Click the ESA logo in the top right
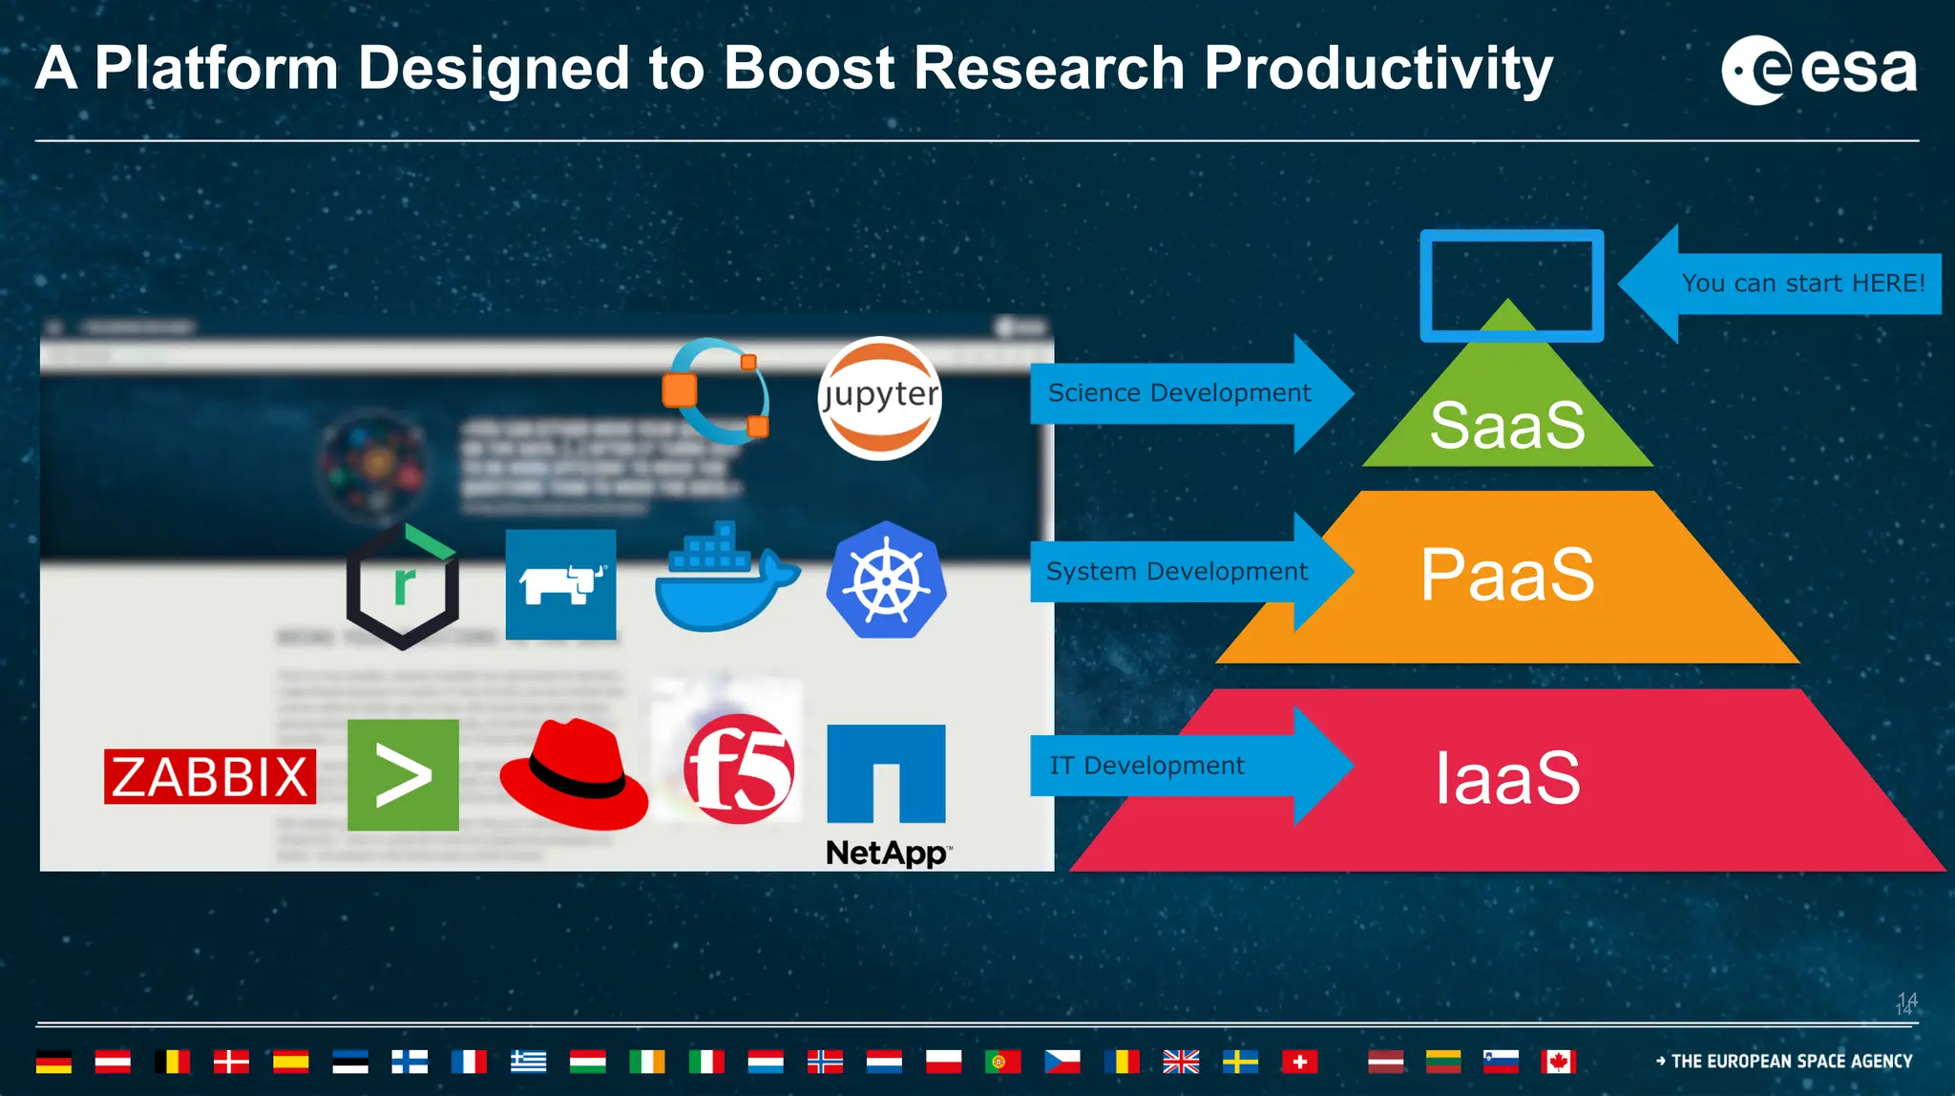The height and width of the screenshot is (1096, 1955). click(1818, 70)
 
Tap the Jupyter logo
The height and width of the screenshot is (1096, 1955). click(879, 398)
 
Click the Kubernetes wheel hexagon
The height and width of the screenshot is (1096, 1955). click(886, 580)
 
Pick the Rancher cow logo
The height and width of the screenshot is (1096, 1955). click(560, 584)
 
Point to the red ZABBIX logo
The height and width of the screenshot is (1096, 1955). click(210, 776)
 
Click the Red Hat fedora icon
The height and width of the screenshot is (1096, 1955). click(573, 774)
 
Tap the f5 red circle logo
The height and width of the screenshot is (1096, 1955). click(739, 769)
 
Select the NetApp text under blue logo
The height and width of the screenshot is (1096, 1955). click(887, 853)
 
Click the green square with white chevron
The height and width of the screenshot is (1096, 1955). click(403, 775)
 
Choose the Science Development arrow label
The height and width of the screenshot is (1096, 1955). click(1179, 393)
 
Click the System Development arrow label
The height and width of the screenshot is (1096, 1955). click(1176, 572)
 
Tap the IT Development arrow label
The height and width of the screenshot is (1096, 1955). click(1146, 766)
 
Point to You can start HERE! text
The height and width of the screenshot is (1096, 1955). click(1802, 284)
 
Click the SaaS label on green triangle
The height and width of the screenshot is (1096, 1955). click(1506, 426)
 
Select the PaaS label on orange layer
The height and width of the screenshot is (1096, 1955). click(1506, 575)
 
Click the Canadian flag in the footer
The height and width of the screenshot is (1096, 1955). click(1558, 1062)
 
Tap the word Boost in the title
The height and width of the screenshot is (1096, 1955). click(809, 69)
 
